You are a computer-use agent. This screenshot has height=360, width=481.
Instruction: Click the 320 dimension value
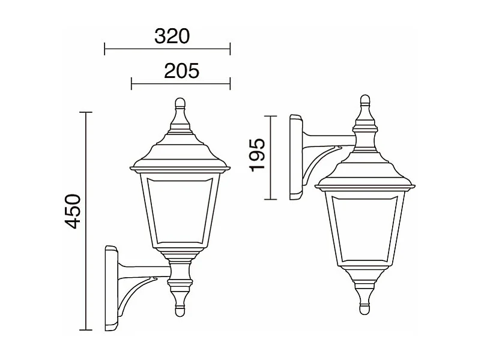pos(172,37)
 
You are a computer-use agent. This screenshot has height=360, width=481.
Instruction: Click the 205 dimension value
pos(181,71)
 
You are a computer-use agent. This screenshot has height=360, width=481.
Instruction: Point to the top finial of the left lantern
pos(180,104)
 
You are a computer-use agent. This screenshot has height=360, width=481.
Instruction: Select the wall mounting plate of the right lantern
pos(296,157)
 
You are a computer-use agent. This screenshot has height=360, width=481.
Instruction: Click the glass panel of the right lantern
pos(365,225)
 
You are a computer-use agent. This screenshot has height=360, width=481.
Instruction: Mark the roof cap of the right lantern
pos(365,171)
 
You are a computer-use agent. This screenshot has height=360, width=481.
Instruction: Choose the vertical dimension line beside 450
pos(88,221)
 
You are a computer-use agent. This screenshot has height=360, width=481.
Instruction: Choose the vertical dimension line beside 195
pos(273,157)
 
